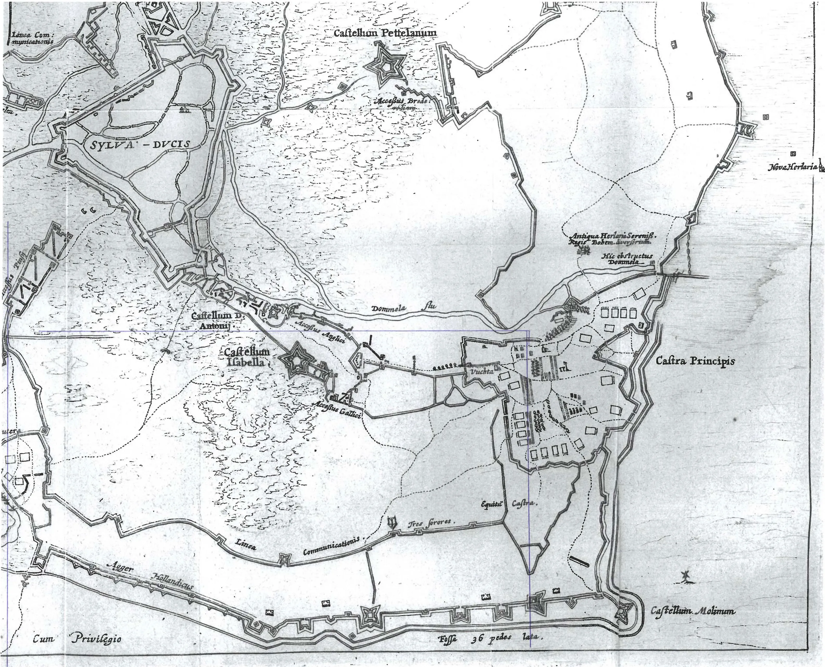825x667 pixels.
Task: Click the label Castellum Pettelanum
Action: [x=385, y=33]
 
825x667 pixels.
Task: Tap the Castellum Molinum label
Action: [x=692, y=611]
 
